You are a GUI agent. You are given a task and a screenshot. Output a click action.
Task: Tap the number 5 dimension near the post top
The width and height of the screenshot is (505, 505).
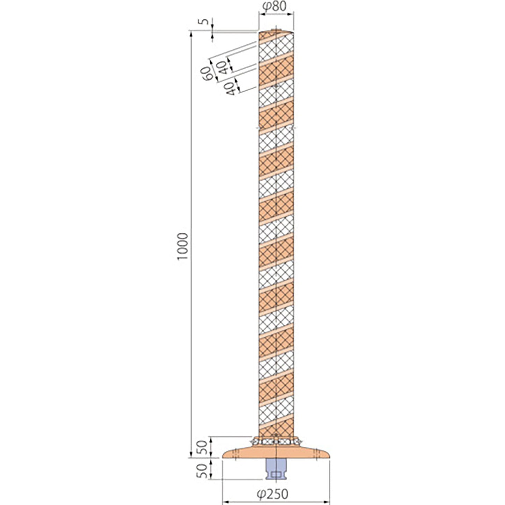tap(206, 21)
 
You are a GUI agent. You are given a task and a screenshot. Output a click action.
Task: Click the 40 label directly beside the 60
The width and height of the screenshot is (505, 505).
tap(222, 67)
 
